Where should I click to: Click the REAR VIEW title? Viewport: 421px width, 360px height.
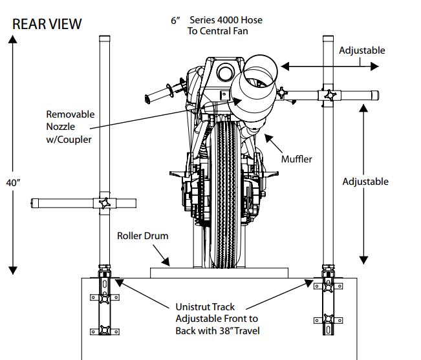(x=47, y=24)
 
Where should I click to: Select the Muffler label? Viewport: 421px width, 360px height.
(x=297, y=158)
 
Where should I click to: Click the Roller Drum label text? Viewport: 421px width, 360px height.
(x=142, y=236)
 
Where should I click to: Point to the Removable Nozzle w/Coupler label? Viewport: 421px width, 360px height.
(x=69, y=126)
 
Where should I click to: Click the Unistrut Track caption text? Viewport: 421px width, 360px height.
(x=216, y=319)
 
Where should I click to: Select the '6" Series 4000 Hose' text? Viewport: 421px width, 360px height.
(x=217, y=20)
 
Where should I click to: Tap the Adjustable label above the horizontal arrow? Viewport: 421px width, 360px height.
(x=362, y=50)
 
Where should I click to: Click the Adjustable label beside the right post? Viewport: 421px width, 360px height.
(x=365, y=182)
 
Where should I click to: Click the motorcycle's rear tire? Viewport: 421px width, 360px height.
(x=227, y=194)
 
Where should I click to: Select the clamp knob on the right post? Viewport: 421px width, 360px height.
(x=330, y=96)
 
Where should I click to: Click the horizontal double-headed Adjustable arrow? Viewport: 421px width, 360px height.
(x=330, y=65)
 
